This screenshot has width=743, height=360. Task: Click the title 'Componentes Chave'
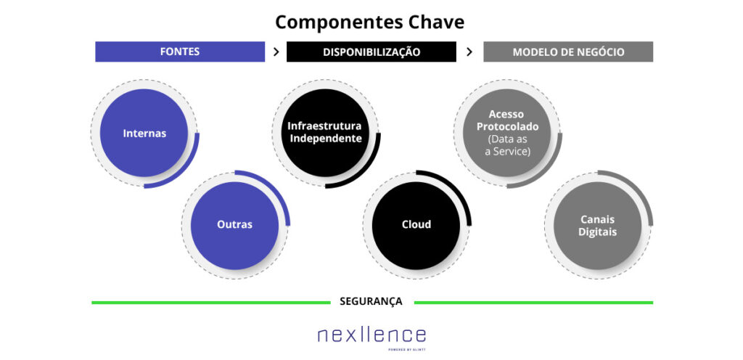[369, 22]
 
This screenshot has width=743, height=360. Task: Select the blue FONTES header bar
[180, 52]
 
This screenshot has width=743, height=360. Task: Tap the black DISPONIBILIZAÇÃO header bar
[371, 52]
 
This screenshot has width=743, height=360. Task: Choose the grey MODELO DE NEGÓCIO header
[568, 52]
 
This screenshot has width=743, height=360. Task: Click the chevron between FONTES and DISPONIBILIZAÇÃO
[276, 52]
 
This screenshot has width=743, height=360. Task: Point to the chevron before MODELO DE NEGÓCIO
[469, 52]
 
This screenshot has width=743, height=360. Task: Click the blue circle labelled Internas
[144, 133]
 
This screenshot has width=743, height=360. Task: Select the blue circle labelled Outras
[234, 225]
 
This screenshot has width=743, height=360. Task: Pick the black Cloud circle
[416, 225]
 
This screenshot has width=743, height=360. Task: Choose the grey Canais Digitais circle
[598, 225]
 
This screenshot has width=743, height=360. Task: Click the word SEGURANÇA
[371, 301]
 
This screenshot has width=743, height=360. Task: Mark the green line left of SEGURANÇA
[210, 302]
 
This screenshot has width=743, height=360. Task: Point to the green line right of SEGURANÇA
[533, 302]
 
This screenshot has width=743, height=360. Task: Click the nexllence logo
[371, 335]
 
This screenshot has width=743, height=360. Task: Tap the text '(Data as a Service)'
[508, 145]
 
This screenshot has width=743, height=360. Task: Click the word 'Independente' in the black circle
[324, 139]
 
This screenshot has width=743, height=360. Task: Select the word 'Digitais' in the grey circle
[598, 232]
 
